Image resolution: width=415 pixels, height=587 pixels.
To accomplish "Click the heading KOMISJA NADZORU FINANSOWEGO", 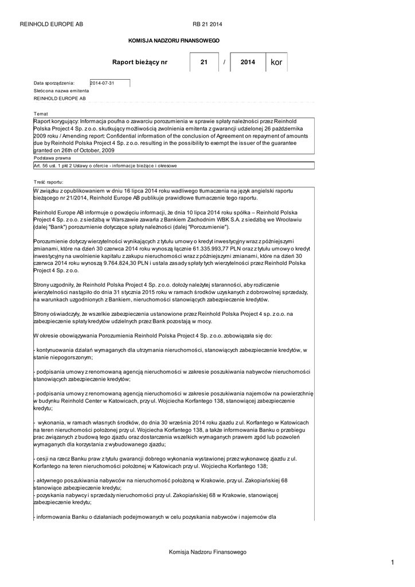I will tap(174, 41).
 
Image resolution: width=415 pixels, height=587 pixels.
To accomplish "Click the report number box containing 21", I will tap(204, 62).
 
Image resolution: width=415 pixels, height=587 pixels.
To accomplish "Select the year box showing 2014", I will tap(248, 62).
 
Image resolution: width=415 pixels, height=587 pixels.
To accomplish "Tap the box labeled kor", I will tap(276, 62).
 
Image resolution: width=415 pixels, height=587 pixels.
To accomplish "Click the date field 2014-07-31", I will tap(109, 83).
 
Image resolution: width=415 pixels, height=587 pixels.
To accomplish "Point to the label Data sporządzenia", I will tap(54, 83).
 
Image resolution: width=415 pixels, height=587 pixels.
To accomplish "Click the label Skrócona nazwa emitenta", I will tap(61, 91).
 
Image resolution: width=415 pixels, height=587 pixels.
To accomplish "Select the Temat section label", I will tap(41, 114).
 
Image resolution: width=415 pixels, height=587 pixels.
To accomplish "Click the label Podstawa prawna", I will tap(52, 157).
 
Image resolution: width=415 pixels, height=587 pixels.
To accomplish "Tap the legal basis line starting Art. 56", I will tap(105, 166).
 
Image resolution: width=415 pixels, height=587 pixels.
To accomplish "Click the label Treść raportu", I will tap(49, 181).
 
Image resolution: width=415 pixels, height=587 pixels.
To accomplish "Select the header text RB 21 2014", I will tap(207, 24).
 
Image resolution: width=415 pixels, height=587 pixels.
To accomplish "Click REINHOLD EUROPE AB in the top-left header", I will tap(52, 24).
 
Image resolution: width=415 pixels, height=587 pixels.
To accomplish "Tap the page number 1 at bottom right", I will tap(393, 563).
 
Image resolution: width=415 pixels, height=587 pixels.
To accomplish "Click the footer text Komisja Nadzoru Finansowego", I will tap(207, 551).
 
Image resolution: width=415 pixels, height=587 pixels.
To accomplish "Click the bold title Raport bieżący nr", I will tap(140, 62).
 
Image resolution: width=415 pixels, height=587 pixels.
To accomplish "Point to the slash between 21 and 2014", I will tap(224, 62).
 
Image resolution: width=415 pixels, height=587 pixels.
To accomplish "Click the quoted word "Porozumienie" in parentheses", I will tap(196, 227).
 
